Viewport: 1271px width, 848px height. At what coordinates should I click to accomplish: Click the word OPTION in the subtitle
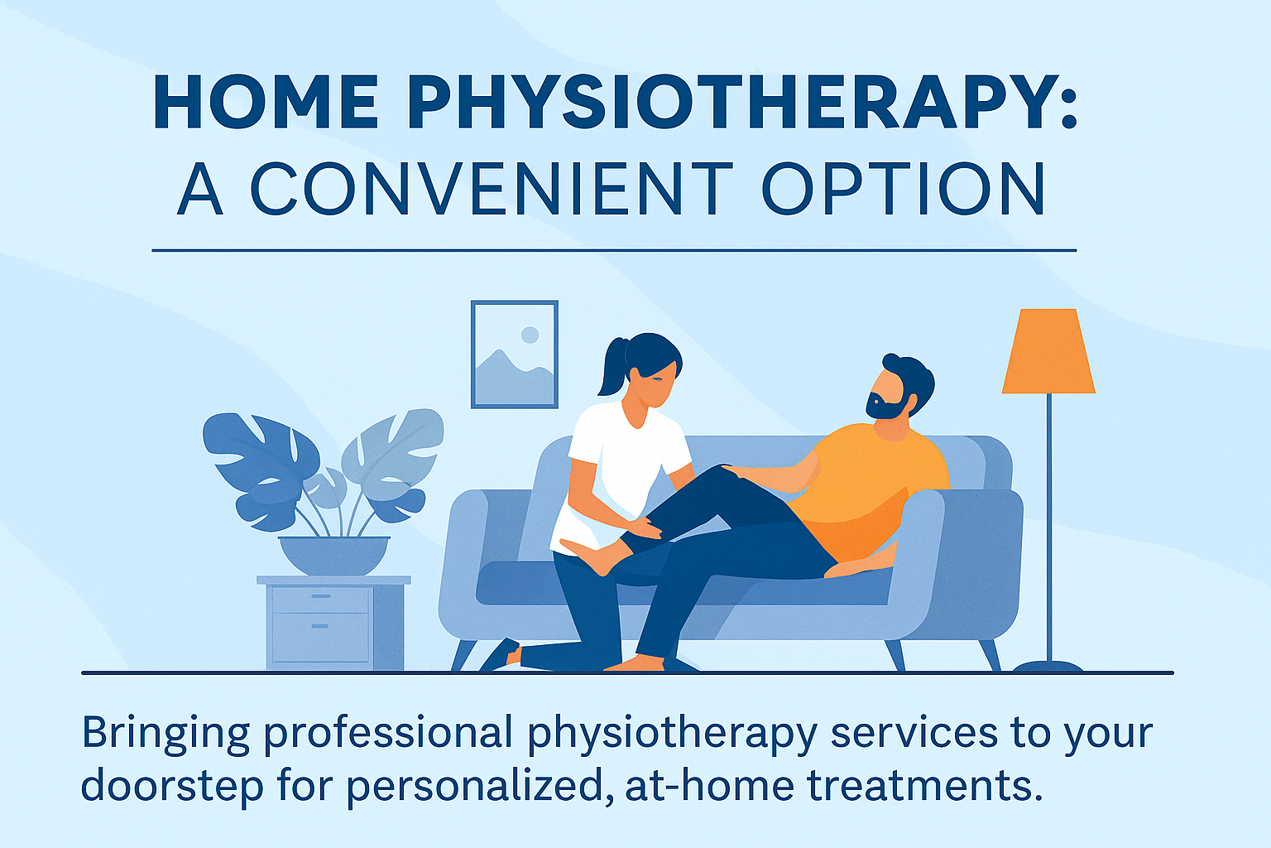click(x=903, y=189)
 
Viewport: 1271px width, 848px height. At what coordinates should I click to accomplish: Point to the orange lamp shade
click(x=1048, y=352)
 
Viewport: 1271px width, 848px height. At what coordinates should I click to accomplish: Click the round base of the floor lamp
click(x=1048, y=666)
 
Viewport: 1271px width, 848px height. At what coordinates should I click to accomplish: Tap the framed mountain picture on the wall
click(x=514, y=354)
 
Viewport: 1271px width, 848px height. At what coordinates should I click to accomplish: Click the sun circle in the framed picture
click(x=530, y=335)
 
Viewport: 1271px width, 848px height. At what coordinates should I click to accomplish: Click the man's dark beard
click(x=884, y=406)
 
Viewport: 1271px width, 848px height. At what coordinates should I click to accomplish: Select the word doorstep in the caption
click(x=172, y=785)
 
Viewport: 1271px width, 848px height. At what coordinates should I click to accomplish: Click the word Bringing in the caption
click(x=165, y=734)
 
